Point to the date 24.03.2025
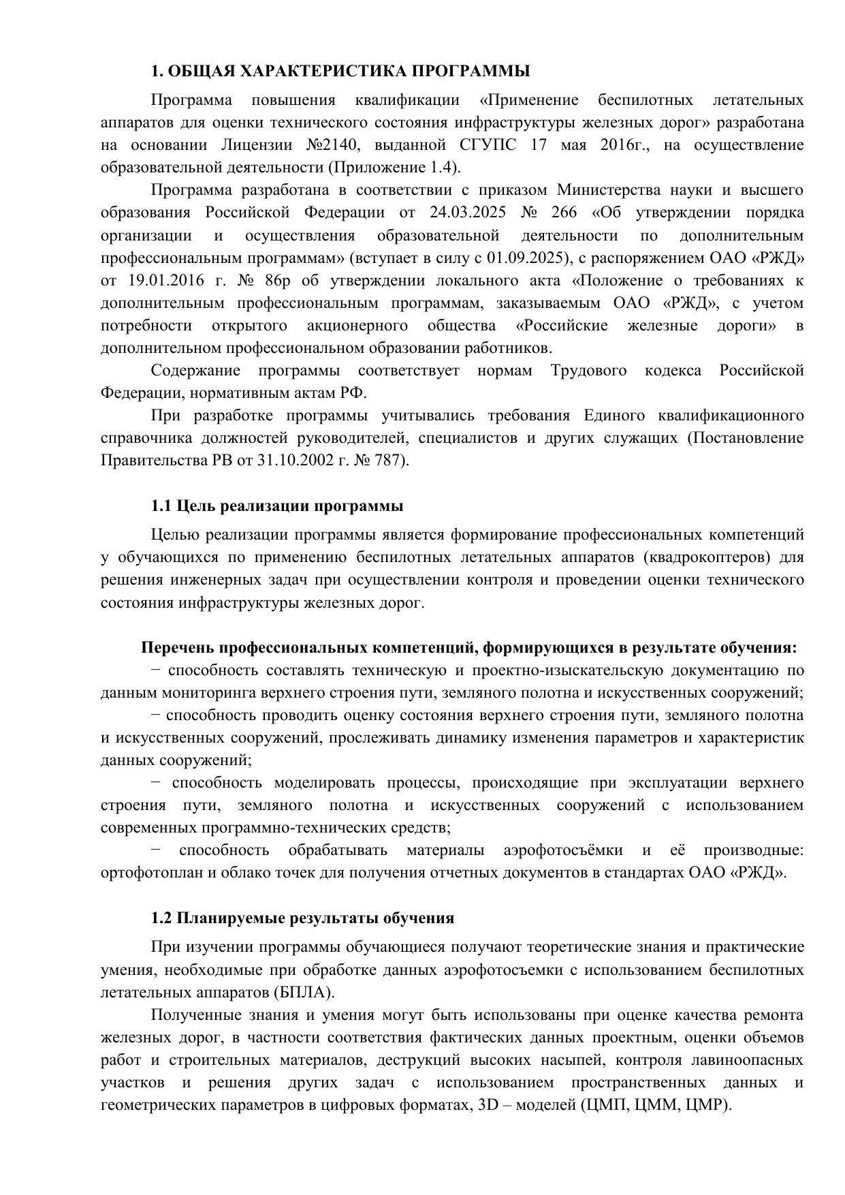pyautogui.click(x=468, y=213)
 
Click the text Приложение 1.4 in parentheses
pyautogui.click(x=394, y=168)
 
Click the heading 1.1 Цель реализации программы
pyautogui.click(x=276, y=506)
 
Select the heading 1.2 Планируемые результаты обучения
pyautogui.click(x=302, y=918)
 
